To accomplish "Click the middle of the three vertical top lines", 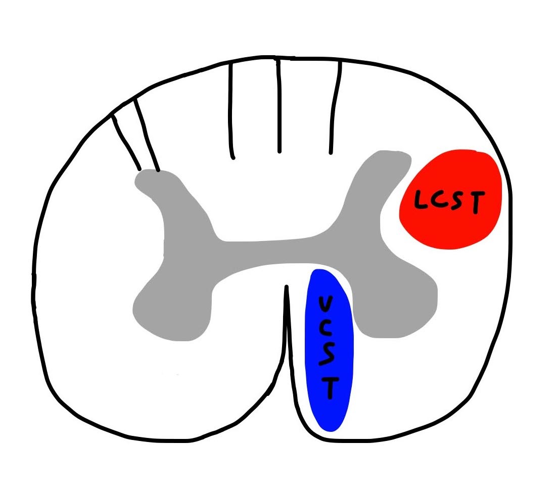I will point(278,106).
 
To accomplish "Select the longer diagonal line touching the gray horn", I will point(147,134).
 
